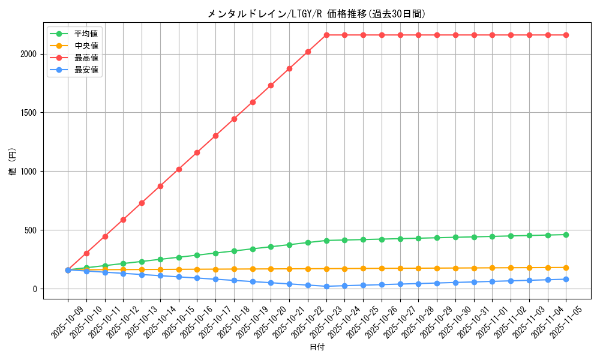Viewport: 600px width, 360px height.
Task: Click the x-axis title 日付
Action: tap(317, 347)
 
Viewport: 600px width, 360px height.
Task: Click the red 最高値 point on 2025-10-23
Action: tap(326, 35)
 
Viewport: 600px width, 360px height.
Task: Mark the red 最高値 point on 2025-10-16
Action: tap(197, 152)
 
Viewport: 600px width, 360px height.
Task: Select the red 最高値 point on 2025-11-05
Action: tap(566, 35)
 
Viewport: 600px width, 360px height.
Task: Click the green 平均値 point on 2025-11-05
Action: tap(566, 235)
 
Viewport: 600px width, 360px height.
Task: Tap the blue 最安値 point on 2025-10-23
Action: tap(326, 286)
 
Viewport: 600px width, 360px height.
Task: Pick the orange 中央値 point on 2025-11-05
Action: tap(566, 268)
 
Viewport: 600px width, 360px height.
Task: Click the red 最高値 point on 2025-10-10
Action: tap(86, 253)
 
